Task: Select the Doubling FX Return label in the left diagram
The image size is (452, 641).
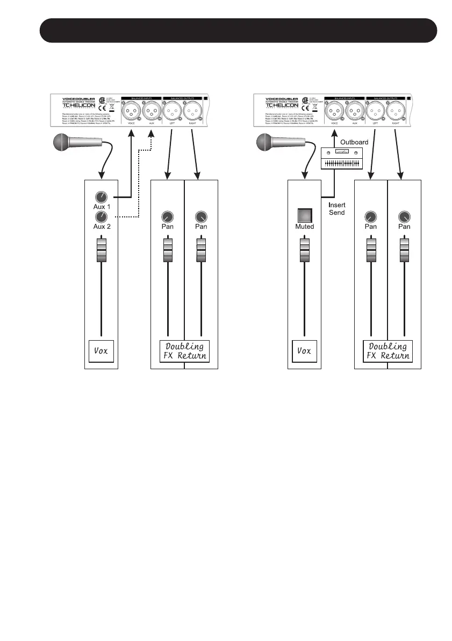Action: (x=184, y=351)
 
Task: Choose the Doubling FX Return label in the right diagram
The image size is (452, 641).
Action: (x=388, y=351)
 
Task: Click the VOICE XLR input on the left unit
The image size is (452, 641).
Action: (x=131, y=112)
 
